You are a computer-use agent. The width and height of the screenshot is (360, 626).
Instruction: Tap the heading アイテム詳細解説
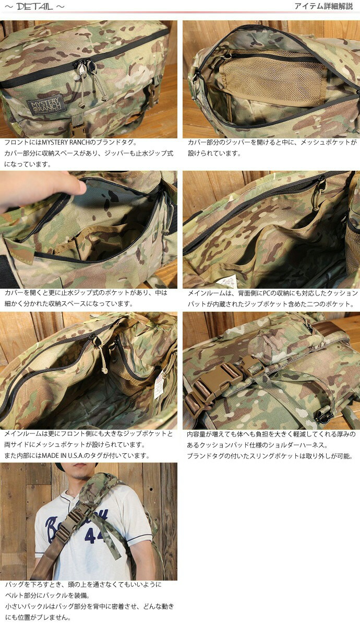(323, 7)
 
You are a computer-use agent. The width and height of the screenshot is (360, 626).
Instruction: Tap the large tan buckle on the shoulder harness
(219, 380)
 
